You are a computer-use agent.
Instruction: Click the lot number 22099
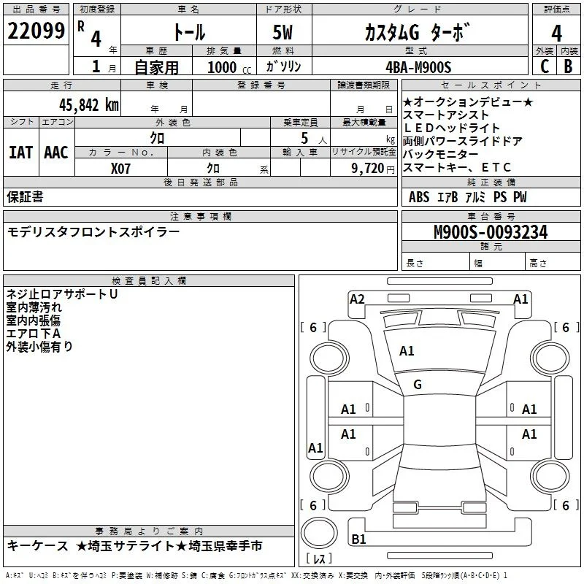[x=36, y=31]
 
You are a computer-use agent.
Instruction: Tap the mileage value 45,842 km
[x=89, y=105]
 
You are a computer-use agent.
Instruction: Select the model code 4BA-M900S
[x=418, y=67]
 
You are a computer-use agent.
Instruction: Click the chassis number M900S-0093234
[x=491, y=232]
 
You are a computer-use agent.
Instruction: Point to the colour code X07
[x=120, y=169]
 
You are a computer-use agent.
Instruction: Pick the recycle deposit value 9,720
[x=368, y=169]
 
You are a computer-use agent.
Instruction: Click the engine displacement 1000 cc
[x=229, y=67]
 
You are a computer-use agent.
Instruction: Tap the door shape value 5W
[x=283, y=32]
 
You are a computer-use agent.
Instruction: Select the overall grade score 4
[x=556, y=34]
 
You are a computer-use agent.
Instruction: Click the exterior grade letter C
[x=545, y=66]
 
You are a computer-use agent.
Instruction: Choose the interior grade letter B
[x=568, y=66]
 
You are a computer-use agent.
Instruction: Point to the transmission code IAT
[x=21, y=153]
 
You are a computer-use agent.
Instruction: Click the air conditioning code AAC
[x=56, y=153]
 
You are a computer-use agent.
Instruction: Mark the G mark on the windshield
[x=418, y=385]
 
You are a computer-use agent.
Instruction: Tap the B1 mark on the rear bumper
[x=358, y=539]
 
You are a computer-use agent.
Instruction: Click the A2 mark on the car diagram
[x=357, y=299]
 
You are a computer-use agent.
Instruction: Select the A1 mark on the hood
[x=407, y=351]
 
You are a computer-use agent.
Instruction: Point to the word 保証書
[x=25, y=197]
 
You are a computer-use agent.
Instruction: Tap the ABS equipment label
[x=419, y=197]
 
